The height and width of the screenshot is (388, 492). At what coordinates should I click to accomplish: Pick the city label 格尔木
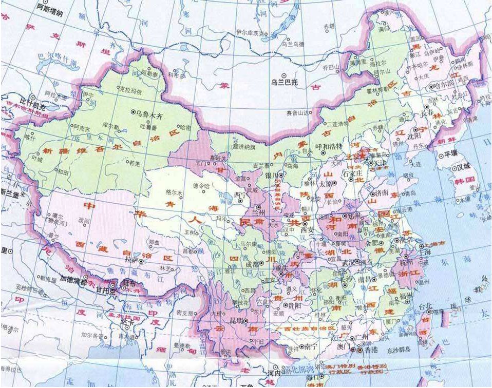(174, 192)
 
